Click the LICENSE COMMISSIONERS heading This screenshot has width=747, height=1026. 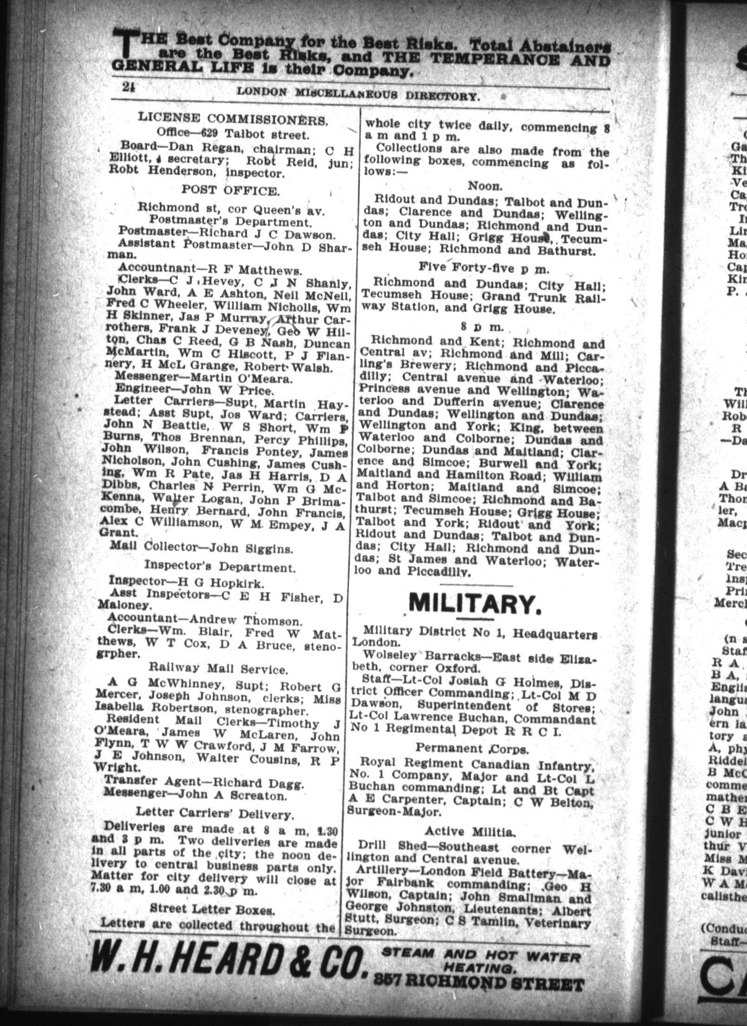pos(234,119)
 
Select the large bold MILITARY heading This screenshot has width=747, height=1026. pos(475,604)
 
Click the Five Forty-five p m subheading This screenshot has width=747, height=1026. pos(484,267)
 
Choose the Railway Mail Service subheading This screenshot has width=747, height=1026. pos(218,669)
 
